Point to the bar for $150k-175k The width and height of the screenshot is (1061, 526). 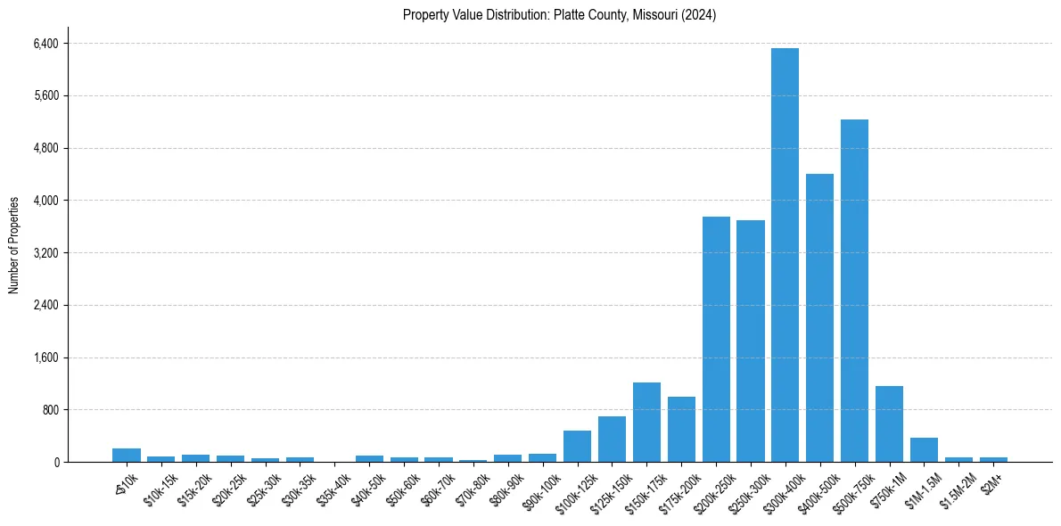click(646, 423)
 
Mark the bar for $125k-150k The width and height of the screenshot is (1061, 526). click(612, 440)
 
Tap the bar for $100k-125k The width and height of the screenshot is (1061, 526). click(577, 447)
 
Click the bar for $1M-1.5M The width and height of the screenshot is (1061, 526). click(924, 450)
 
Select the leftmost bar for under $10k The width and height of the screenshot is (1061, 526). click(127, 456)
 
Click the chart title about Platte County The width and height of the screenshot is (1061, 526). click(559, 15)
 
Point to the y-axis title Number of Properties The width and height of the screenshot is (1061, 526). click(14, 244)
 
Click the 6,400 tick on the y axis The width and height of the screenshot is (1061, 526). click(44, 44)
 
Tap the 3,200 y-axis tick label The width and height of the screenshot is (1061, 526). click(44, 253)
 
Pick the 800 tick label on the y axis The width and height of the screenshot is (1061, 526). click(48, 410)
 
